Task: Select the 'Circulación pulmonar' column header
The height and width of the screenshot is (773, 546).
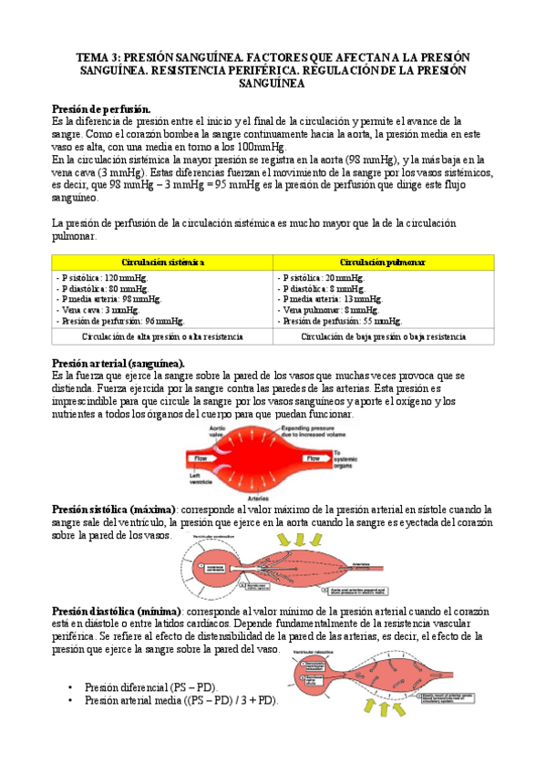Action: [x=383, y=262]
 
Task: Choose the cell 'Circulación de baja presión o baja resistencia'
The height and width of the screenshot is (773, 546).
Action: [x=383, y=336]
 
